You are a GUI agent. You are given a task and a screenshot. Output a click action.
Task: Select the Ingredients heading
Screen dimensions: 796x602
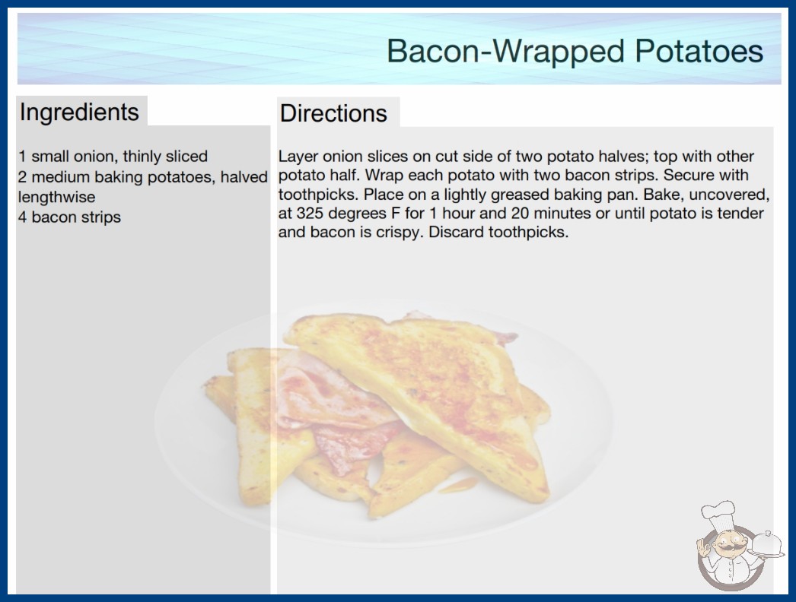tap(79, 112)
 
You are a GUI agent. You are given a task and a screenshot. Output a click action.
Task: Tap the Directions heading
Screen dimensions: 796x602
tap(333, 113)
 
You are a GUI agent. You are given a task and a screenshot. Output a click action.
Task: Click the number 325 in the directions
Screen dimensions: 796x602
tap(311, 214)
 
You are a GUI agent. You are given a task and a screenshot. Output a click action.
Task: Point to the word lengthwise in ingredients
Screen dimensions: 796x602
tap(56, 198)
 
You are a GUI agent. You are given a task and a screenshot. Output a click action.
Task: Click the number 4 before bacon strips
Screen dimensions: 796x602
tap(22, 217)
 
